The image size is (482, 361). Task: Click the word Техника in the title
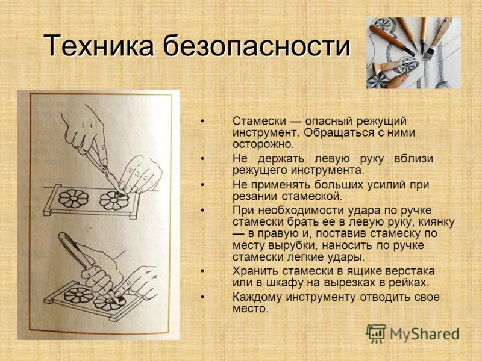point(98,45)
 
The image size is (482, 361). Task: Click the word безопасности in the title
point(257,45)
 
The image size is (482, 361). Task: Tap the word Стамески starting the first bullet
point(259,121)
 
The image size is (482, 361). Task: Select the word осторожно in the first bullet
point(263,144)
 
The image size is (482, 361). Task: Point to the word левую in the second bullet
point(332,159)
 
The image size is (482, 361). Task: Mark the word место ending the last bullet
point(251,309)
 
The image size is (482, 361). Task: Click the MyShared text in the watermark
point(424,334)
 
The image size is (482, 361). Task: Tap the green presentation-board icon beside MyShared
point(375,333)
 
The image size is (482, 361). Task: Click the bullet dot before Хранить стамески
point(202,271)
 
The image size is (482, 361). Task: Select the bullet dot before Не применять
point(202,185)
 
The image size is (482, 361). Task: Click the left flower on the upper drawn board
point(73,199)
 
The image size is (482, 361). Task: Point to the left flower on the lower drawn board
point(78,295)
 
